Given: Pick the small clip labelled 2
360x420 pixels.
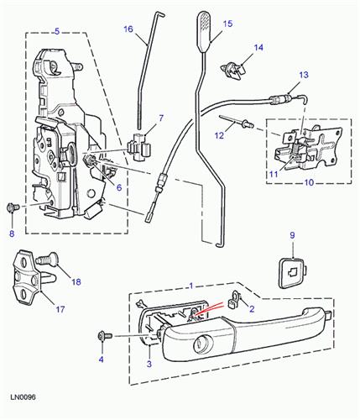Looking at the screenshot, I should (x=238, y=298).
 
